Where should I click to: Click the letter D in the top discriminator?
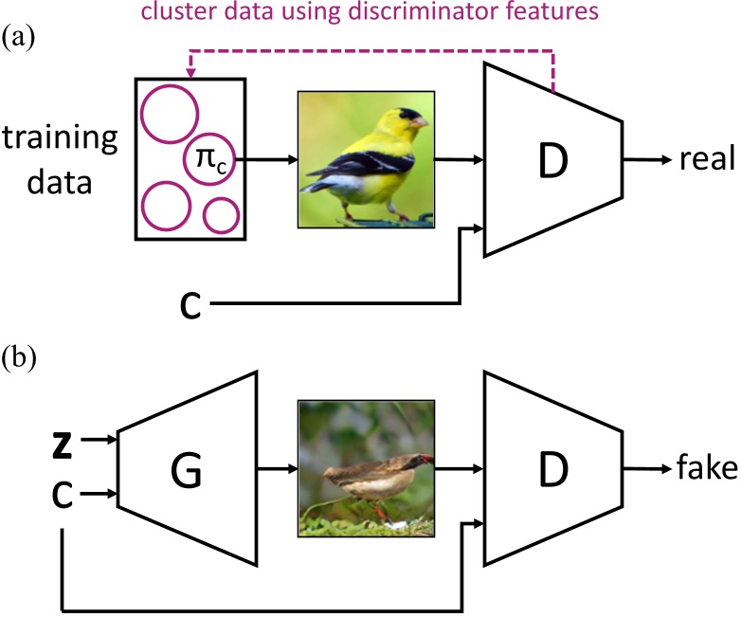pos(553,160)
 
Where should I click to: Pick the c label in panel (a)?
pos(190,305)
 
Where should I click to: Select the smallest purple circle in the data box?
pos(221,215)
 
